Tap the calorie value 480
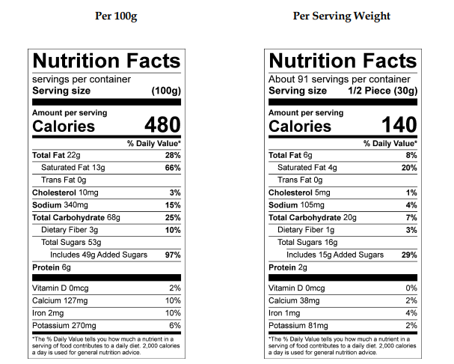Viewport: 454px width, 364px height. point(162,124)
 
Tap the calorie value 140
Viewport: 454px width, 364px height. point(399,124)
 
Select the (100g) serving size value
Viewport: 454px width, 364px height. point(165,91)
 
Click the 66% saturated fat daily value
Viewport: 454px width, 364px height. point(172,168)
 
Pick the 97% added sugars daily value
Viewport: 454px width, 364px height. point(172,255)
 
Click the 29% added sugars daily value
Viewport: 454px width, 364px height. point(408,255)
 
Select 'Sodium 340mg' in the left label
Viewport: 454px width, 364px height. point(60,205)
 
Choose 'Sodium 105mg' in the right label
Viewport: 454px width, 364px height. point(296,205)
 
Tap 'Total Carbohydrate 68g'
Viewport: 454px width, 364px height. point(77,217)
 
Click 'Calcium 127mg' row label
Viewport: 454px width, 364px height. point(61,300)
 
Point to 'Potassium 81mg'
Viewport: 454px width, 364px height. point(299,325)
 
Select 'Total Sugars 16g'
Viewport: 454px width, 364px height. point(307,242)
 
